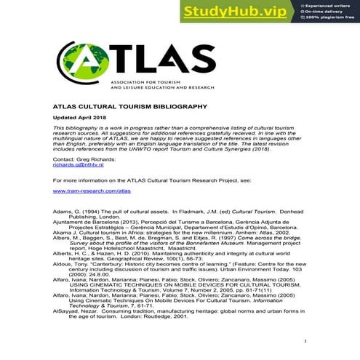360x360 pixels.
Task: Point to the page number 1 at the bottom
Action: coord(306,340)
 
